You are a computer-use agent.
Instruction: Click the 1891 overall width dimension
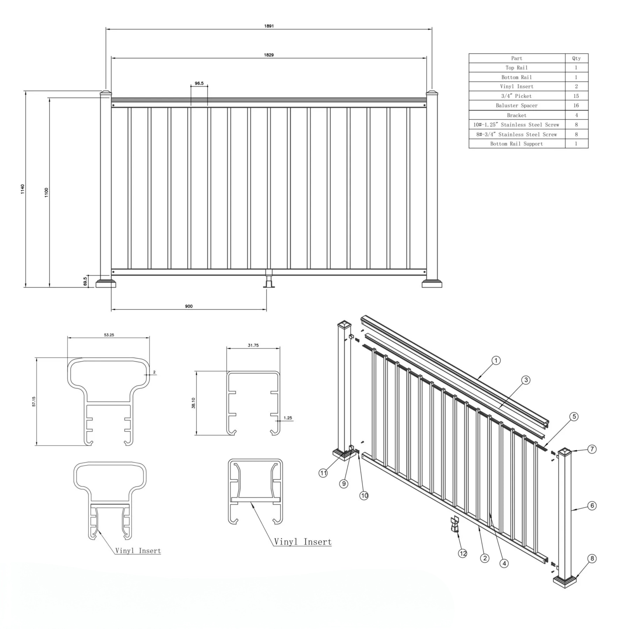click(x=269, y=26)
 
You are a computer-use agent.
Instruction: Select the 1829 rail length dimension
click(x=269, y=55)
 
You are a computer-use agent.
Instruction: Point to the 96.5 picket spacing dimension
click(x=199, y=83)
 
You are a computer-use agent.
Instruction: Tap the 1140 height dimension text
click(x=23, y=189)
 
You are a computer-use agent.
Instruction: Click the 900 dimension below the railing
click(x=189, y=306)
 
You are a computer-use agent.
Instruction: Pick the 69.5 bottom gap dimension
click(x=85, y=281)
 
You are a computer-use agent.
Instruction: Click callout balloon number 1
click(x=496, y=360)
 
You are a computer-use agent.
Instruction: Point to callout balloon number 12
click(x=463, y=554)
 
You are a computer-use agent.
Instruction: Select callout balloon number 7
click(x=592, y=449)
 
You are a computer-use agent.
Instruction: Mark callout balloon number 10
click(x=364, y=496)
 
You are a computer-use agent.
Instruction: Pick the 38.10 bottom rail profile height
click(x=193, y=403)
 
